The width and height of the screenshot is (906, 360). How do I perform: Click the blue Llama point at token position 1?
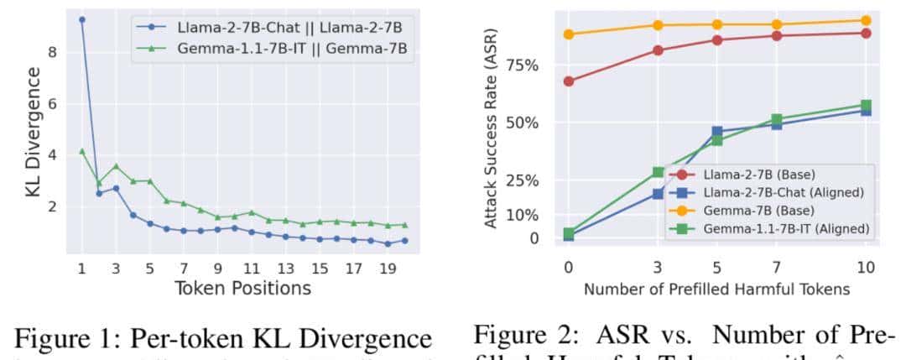coord(81,19)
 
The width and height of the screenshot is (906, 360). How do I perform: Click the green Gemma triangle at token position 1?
coord(81,151)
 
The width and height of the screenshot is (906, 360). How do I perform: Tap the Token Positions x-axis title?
coord(242,289)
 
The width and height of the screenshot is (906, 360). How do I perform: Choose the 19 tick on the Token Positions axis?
coord(388,269)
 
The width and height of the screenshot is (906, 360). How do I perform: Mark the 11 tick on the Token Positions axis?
coord(251,269)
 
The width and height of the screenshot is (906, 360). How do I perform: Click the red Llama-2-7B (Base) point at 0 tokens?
coord(568,81)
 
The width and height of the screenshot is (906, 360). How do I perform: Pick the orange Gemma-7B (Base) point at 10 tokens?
coord(866,20)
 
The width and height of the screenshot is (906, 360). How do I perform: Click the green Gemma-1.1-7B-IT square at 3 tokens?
coord(658,173)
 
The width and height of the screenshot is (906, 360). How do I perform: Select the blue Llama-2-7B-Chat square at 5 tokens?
coord(717,132)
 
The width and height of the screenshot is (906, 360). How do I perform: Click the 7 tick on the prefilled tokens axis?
coord(777,267)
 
